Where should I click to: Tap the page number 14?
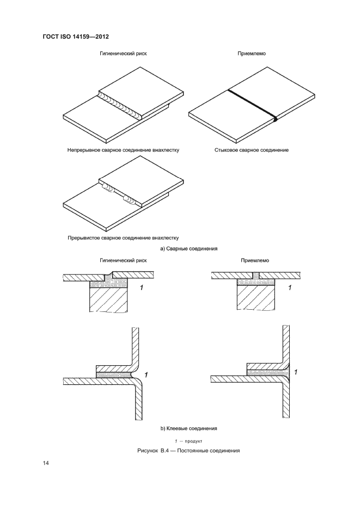(45, 463)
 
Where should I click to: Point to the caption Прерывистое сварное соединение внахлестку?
(123, 238)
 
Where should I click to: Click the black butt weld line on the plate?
(252, 104)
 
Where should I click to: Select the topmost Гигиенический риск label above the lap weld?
(123, 53)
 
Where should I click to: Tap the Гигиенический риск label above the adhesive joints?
(123, 260)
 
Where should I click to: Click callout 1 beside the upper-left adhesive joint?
(142, 287)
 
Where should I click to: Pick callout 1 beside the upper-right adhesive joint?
(290, 287)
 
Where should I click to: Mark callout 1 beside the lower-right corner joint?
(295, 372)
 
